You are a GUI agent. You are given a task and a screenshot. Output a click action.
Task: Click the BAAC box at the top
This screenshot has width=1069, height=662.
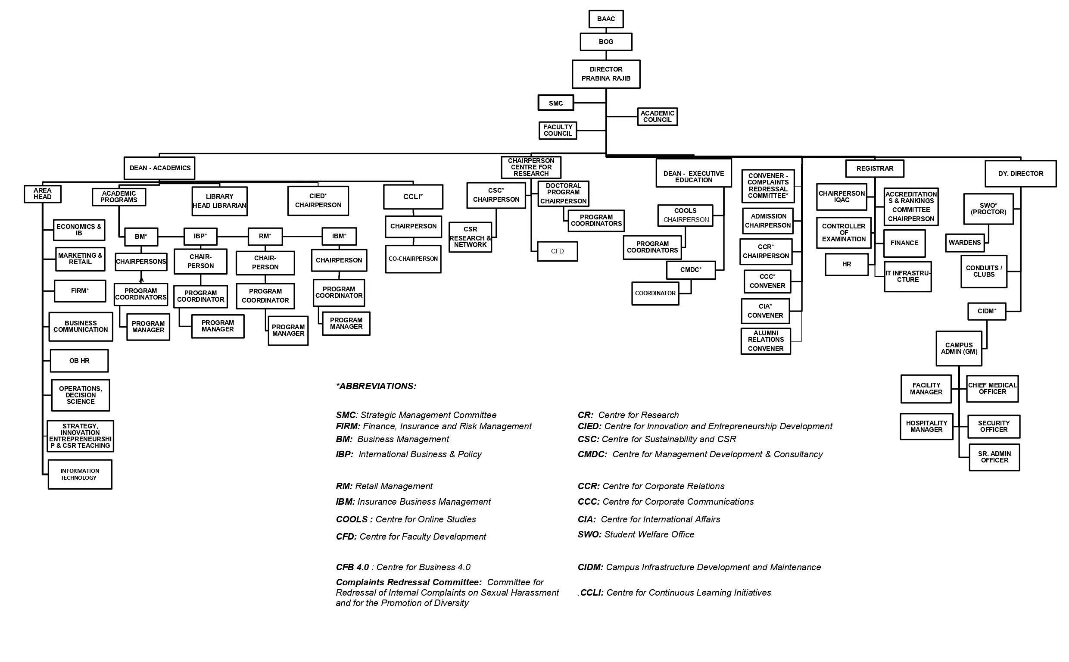click(x=606, y=19)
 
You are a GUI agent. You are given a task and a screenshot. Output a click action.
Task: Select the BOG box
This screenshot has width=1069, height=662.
click(x=606, y=42)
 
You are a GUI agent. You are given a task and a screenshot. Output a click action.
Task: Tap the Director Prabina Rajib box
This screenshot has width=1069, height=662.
click(x=606, y=74)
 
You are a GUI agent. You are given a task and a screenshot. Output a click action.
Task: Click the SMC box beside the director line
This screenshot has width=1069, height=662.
click(x=556, y=103)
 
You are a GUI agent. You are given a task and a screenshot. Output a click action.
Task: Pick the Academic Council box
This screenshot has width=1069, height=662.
click(x=657, y=116)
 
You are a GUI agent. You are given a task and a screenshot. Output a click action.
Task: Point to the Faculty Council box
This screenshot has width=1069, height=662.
click(x=558, y=131)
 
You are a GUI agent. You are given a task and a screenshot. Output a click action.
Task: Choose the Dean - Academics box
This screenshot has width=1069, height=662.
click(x=160, y=168)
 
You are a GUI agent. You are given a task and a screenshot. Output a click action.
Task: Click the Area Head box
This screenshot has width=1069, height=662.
click(x=43, y=194)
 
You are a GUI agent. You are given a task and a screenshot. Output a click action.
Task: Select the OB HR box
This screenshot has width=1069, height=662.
click(x=79, y=361)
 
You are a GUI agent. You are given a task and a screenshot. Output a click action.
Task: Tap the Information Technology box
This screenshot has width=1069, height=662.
click(x=80, y=474)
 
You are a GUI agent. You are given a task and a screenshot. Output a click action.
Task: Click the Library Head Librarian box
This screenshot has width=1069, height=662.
click(x=219, y=201)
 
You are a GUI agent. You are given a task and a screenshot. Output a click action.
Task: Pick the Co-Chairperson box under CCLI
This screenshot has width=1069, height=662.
click(x=413, y=259)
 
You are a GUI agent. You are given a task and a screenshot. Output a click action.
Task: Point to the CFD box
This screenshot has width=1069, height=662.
click(x=557, y=251)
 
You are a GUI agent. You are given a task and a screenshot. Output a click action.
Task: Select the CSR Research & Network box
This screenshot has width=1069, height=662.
click(x=470, y=237)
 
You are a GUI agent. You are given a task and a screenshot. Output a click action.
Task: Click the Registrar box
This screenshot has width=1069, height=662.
click(x=874, y=169)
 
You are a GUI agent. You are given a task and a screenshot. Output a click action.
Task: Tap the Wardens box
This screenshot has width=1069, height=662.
click(x=964, y=243)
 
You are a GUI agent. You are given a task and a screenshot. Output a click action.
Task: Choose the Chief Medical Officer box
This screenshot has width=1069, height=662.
click(x=992, y=389)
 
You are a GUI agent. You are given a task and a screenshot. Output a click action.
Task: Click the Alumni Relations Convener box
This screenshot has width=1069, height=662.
click(x=765, y=341)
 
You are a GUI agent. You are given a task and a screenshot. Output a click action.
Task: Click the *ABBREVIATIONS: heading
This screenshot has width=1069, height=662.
click(x=376, y=386)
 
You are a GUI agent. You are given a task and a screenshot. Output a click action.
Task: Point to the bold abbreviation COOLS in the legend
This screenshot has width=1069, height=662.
click(x=352, y=520)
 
